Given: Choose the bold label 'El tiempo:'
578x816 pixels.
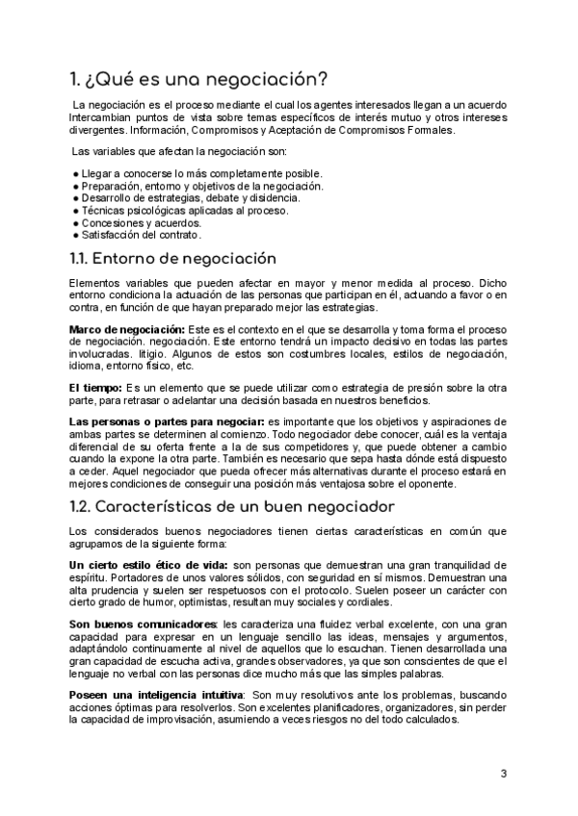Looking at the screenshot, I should tap(95, 388).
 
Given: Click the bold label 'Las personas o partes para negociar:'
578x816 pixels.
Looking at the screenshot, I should tap(168, 422).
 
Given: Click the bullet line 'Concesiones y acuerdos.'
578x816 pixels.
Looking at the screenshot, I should tap(140, 222).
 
